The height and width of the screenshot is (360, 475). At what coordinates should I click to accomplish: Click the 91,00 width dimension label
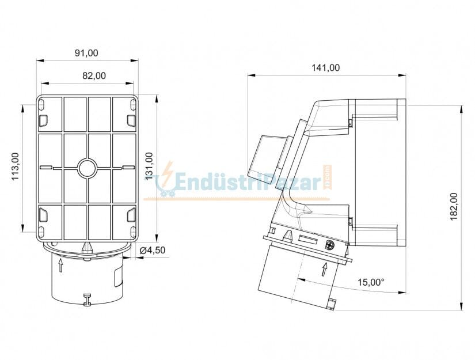pos(86,53)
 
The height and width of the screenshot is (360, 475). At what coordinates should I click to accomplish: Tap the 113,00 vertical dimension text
pos(15,166)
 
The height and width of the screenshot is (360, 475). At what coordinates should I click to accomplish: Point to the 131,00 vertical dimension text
pos(149,166)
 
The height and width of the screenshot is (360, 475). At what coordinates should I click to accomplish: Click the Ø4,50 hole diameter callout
pos(153,250)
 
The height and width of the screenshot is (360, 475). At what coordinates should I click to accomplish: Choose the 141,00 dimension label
pos(325,67)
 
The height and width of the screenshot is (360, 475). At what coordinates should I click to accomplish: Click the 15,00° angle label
pos(371,282)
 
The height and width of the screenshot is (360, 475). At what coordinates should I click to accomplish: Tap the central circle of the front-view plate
pos(87,168)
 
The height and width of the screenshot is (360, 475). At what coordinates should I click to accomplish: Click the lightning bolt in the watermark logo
pos(167,173)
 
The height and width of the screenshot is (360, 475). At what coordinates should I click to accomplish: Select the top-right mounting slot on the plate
pos(131,120)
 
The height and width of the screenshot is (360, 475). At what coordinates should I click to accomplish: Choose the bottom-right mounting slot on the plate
pos(131,216)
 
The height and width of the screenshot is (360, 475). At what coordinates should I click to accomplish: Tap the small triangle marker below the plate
pos(87,247)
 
